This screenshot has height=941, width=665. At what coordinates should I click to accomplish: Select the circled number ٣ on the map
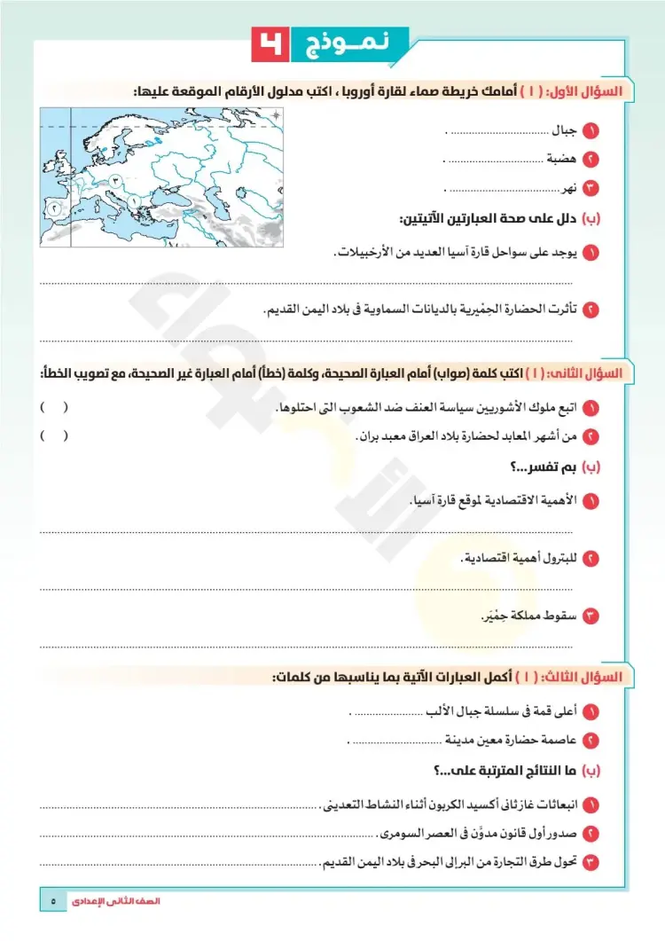tap(115, 179)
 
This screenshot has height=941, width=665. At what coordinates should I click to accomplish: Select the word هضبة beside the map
tap(559, 160)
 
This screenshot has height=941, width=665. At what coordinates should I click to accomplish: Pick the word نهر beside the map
tap(568, 188)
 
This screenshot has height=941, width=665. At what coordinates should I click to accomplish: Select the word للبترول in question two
tap(559, 558)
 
